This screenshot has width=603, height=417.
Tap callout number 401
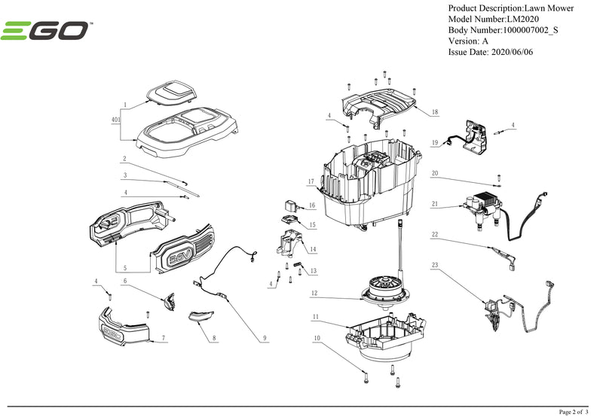point(115,120)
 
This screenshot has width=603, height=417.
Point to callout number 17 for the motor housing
point(311,181)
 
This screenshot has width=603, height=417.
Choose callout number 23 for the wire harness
point(435,265)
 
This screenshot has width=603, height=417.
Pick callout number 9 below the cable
point(265,338)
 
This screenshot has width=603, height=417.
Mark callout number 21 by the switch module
point(435,204)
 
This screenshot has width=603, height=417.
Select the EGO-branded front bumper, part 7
point(124,326)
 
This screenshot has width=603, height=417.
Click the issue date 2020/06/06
point(513,53)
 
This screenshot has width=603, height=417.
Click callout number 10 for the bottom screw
point(317,338)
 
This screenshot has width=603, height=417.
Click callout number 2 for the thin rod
point(124,159)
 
